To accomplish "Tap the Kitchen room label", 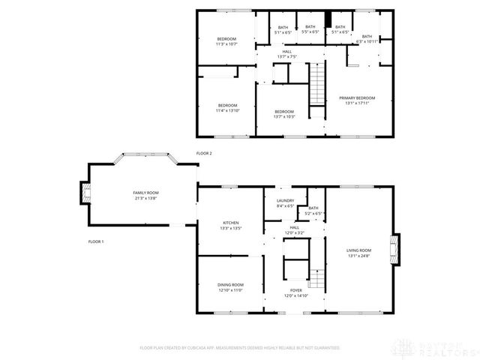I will [230, 225].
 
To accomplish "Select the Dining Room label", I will [230, 287].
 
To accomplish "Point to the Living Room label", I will [358, 253].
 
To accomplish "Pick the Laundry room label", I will [285, 202].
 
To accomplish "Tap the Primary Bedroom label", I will [356, 100].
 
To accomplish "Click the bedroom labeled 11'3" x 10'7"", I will [226, 41].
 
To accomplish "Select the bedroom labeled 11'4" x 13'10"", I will [226, 107].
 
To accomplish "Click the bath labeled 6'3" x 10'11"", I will [367, 38].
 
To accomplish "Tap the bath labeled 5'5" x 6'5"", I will [310, 29].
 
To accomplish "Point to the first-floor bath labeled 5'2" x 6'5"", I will [313, 211].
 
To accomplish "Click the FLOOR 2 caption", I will [205, 153].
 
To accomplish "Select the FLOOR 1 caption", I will [95, 241].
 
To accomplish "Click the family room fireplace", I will [83, 195].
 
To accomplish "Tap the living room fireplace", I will [394, 249].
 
